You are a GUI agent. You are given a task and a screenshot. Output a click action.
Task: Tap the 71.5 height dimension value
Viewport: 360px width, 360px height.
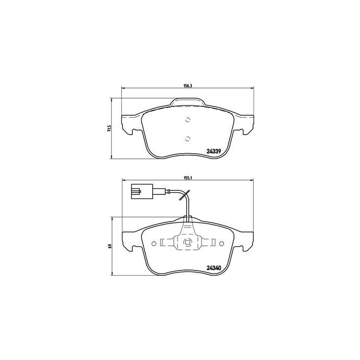coord(109,128)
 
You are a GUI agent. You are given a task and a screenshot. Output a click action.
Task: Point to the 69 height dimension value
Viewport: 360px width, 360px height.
coord(109,246)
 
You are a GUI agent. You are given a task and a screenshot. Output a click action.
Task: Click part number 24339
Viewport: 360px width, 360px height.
coord(213,151)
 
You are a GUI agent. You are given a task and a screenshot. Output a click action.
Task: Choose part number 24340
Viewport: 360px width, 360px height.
coord(213,266)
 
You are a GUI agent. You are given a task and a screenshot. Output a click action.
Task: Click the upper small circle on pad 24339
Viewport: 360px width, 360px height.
coord(188,120)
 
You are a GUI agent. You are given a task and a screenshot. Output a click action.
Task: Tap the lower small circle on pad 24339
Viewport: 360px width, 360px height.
coord(188,138)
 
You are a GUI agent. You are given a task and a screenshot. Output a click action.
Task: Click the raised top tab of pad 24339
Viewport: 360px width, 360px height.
coord(188,103)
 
